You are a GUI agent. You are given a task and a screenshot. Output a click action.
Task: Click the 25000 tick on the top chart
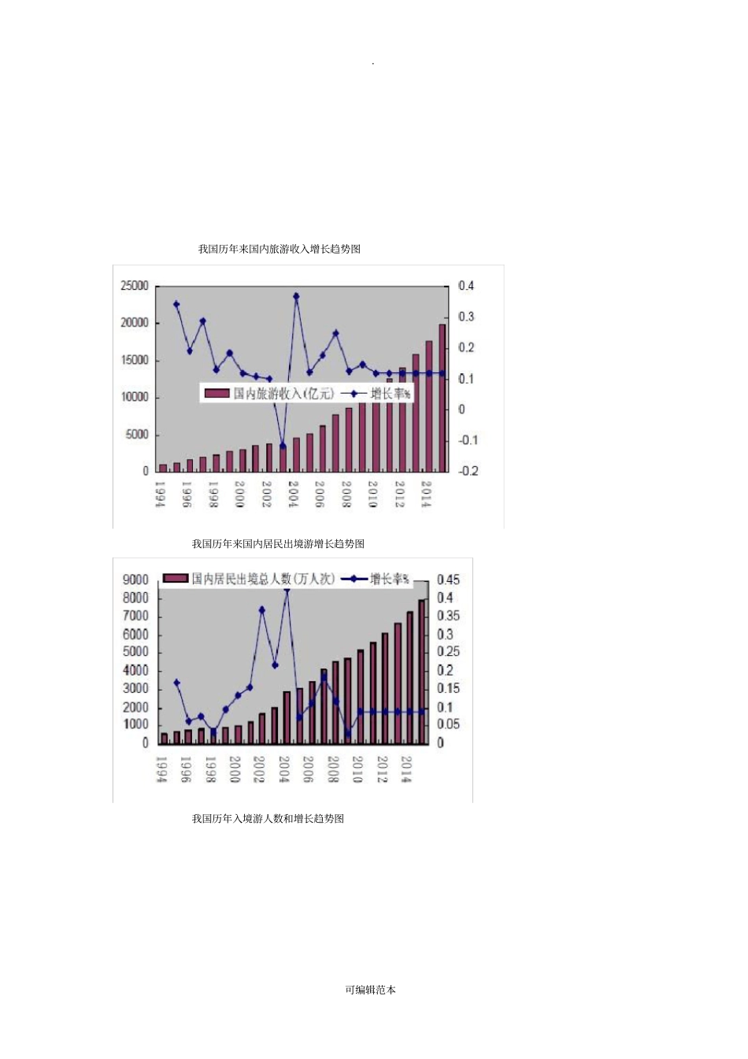134,286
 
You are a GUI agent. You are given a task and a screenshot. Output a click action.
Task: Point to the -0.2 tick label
468,471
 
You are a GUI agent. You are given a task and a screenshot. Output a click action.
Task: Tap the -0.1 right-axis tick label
468,440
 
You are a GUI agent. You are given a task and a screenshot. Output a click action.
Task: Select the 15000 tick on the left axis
134,360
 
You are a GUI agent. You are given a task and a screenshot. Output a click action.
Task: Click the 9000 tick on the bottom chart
135,579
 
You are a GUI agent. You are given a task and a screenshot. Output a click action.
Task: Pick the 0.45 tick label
448,579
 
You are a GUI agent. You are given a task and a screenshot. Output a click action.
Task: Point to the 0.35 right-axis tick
448,616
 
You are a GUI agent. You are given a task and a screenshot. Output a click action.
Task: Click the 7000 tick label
135,616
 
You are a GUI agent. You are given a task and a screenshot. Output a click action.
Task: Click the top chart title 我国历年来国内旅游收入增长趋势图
280,249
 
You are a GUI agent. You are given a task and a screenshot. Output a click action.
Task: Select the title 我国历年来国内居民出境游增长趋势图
278,543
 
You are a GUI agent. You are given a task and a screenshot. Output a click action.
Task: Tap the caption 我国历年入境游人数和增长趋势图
268,818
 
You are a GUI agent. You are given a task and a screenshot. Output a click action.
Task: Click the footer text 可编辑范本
370,990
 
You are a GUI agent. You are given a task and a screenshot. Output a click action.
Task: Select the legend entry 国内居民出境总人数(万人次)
250,579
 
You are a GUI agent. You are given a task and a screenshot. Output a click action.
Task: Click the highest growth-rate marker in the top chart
296,297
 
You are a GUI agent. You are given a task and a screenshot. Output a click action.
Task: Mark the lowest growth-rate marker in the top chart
283,446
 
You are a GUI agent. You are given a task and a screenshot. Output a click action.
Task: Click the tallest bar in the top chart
443,398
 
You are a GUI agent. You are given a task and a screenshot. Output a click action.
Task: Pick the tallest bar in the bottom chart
422,672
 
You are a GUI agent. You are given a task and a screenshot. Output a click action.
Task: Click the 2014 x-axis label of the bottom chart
406,768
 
